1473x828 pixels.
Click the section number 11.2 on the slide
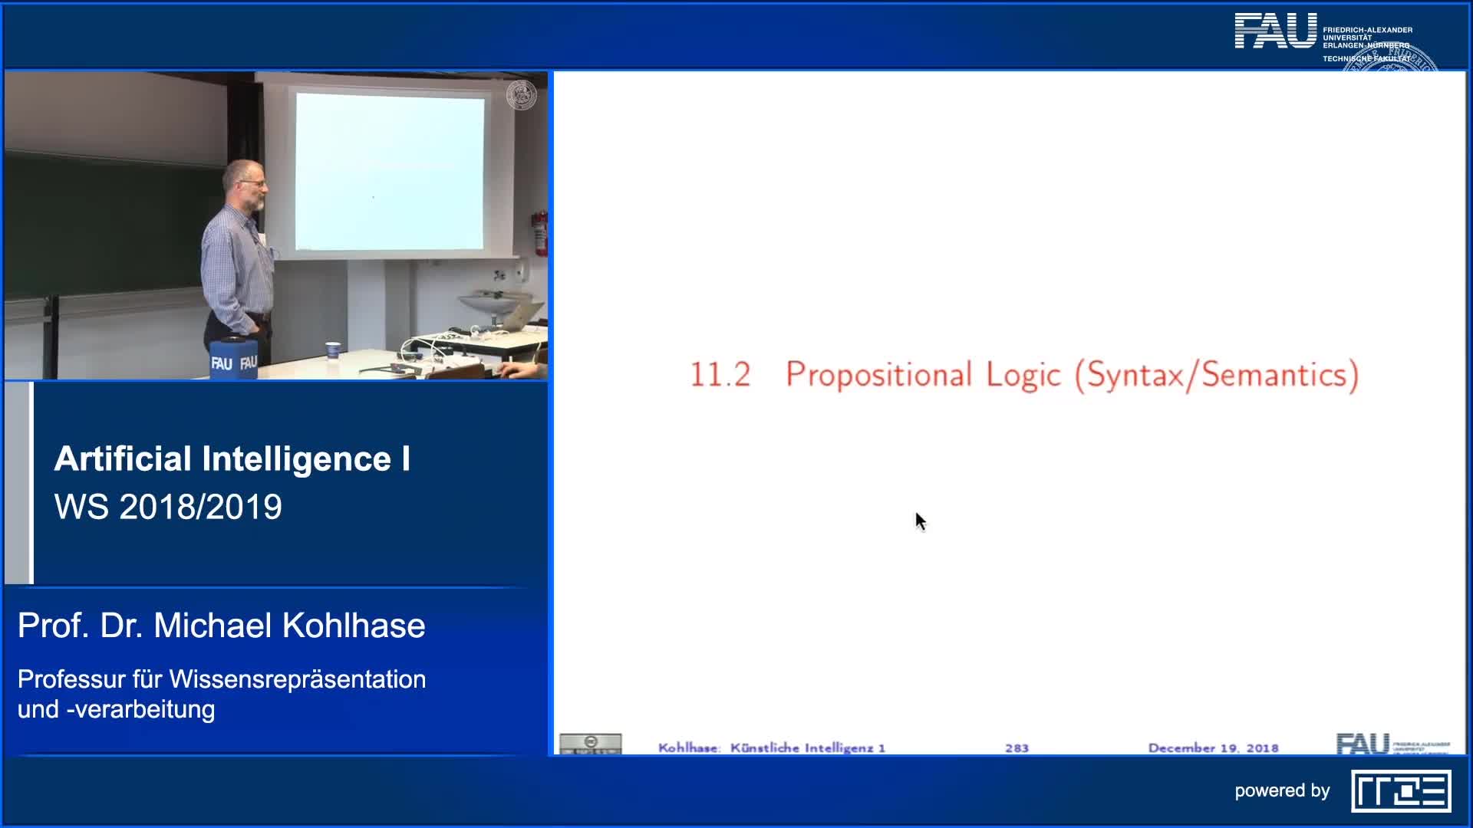pos(720,375)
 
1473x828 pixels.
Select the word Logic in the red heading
pos(1023,375)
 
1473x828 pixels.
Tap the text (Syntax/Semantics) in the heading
pos(1217,375)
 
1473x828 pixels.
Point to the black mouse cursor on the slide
pos(920,521)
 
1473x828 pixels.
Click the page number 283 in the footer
pos(1017,747)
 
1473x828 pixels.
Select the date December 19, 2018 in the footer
pos(1213,747)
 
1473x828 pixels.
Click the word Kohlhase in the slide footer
pos(688,747)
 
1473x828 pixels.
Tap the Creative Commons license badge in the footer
pos(590,744)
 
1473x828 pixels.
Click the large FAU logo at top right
pos(1275,32)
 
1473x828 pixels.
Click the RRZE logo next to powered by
pos(1401,791)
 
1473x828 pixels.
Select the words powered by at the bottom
pos(1282,791)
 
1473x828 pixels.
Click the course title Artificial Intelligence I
pos(232,458)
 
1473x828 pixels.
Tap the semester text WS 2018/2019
pos(168,507)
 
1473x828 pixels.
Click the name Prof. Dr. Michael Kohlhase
pos(221,626)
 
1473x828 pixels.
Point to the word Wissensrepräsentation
pos(298,679)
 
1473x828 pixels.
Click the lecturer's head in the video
pos(245,184)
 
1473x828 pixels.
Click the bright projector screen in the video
pos(390,172)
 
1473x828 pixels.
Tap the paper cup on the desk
pos(332,350)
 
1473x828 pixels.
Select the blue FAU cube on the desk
pos(233,357)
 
